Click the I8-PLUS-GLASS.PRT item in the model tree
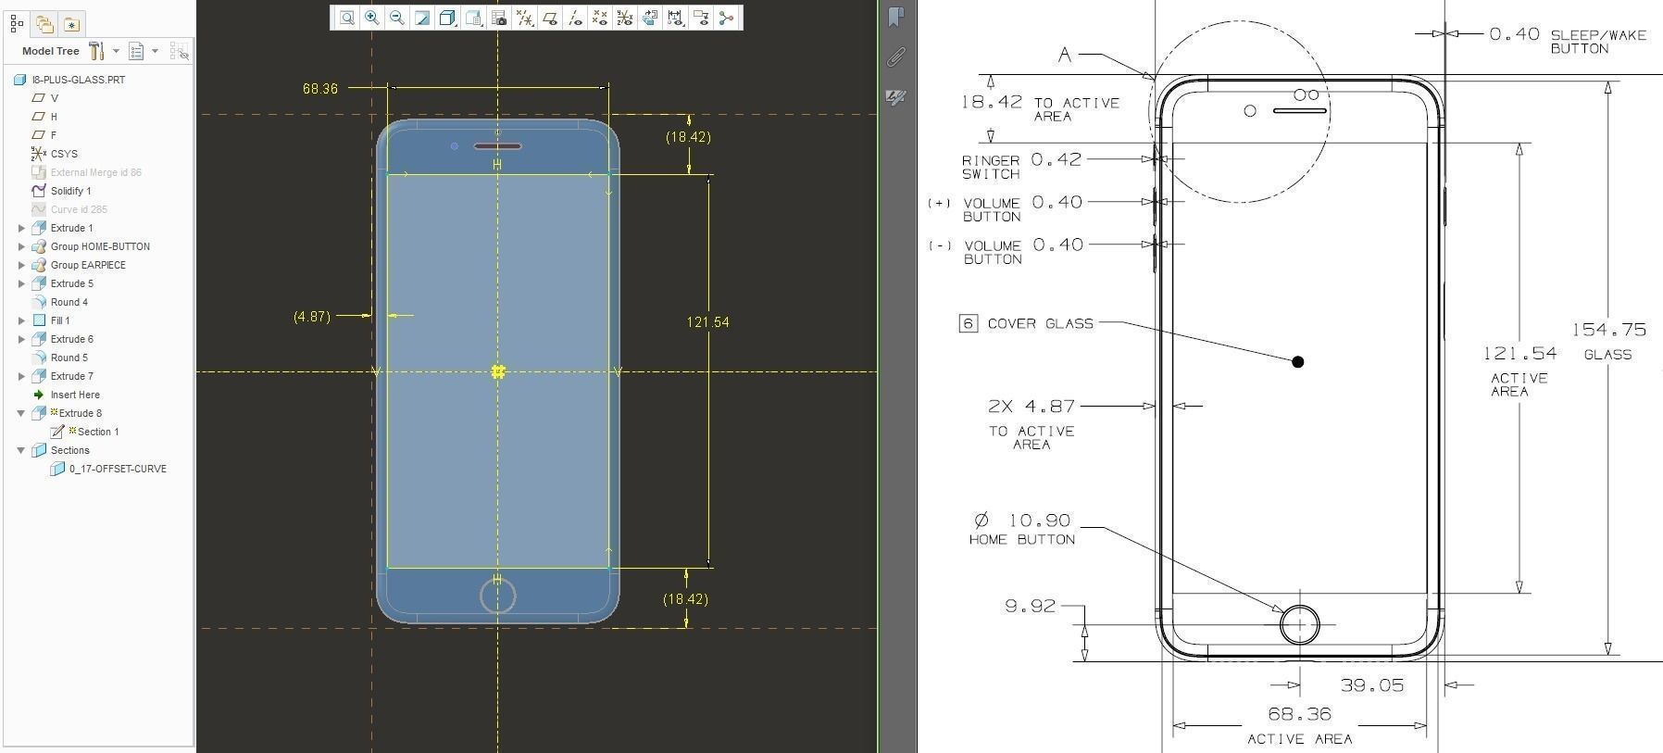(78, 80)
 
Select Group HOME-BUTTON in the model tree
(99, 246)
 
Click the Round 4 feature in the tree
(69, 302)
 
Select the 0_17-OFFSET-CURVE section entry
(117, 469)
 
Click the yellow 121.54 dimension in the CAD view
(707, 322)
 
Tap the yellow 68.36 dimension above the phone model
(319, 89)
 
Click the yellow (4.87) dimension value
(311, 317)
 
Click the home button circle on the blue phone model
(498, 596)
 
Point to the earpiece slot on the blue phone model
(497, 146)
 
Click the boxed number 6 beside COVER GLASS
(968, 323)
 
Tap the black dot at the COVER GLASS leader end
(1297, 362)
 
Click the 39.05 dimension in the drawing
(1371, 685)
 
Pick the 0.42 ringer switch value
(1056, 159)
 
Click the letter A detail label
(1065, 55)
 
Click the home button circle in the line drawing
(1299, 624)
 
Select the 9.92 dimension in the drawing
(1030, 606)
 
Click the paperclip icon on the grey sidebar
(895, 57)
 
